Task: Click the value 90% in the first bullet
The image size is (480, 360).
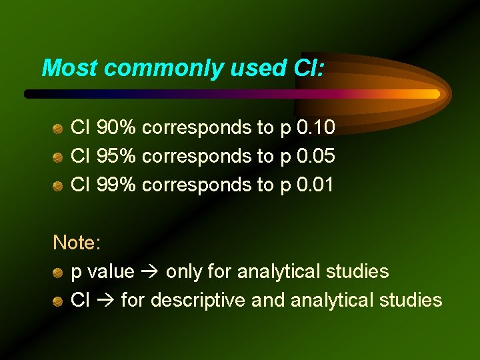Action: (x=117, y=127)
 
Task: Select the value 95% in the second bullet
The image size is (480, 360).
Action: (x=117, y=156)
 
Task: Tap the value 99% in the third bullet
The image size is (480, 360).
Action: (x=117, y=185)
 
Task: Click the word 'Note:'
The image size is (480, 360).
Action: (x=77, y=243)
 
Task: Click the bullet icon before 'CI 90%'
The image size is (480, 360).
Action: (x=59, y=127)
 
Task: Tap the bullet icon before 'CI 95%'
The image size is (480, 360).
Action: (x=59, y=157)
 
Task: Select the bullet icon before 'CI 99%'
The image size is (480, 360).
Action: (x=59, y=185)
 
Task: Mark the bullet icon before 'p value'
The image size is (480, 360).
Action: (x=59, y=272)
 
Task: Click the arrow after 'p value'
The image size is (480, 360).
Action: (x=150, y=272)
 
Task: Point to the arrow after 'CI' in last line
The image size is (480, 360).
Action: (x=105, y=301)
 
